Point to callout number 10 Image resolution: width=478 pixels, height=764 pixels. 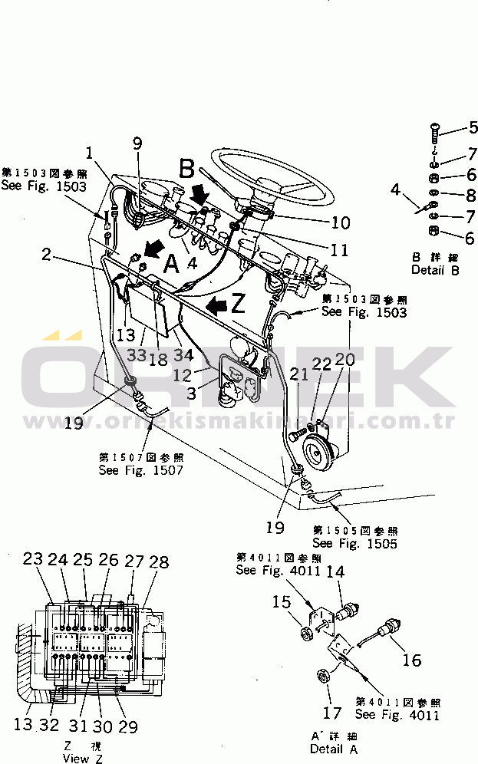(339, 223)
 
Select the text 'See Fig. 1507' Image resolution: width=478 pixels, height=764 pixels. (140, 470)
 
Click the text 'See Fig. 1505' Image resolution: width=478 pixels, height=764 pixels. (354, 544)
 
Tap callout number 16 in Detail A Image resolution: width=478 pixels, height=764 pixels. (411, 660)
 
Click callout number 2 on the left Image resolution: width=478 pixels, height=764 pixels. (47, 254)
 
